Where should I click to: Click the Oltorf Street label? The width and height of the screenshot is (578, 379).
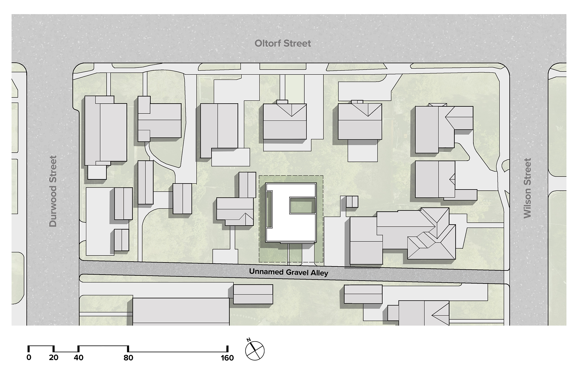click(x=283, y=44)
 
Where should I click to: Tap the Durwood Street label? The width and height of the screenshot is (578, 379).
click(x=53, y=191)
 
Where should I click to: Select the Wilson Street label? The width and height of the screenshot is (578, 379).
click(x=527, y=188)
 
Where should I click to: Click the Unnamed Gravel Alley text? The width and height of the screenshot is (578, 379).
click(x=288, y=272)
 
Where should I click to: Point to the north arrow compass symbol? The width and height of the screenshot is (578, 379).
click(x=255, y=351)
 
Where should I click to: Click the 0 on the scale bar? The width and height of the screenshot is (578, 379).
click(x=29, y=358)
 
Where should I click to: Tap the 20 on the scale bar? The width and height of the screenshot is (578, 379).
click(x=53, y=358)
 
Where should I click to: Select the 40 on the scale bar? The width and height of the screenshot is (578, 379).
click(x=78, y=358)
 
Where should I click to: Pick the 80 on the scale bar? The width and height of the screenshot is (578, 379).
click(x=128, y=358)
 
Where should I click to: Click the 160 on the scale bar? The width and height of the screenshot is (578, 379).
click(x=227, y=358)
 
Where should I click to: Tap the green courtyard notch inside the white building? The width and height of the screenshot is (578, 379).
click(x=302, y=205)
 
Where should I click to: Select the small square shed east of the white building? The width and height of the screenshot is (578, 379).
click(x=352, y=202)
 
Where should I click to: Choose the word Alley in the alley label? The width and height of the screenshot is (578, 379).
click(x=319, y=273)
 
